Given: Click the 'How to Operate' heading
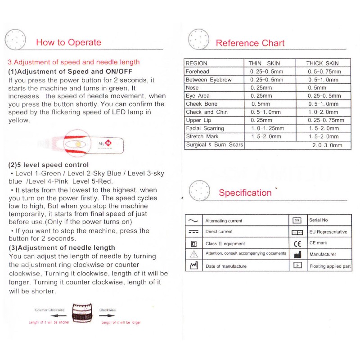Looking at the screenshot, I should click(68, 42).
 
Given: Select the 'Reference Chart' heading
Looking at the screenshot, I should click(250, 43).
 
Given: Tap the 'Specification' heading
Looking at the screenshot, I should click(245, 193).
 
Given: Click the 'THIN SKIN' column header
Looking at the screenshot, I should click(264, 63).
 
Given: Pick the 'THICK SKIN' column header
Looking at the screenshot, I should click(323, 63).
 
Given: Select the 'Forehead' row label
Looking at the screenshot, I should click(198, 72).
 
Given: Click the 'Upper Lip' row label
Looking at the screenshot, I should click(198, 120).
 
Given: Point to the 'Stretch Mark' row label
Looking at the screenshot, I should click(202, 136).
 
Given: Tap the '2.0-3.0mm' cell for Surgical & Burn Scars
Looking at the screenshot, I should click(327, 145).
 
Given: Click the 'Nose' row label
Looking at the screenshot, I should click(192, 88).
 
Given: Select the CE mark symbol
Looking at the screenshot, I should click(297, 243).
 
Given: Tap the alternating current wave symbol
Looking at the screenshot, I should click(193, 221).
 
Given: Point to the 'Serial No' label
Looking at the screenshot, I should click(319, 220).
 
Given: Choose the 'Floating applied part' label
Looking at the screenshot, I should click(330, 266).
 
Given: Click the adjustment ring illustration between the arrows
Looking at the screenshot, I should click(82, 315).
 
